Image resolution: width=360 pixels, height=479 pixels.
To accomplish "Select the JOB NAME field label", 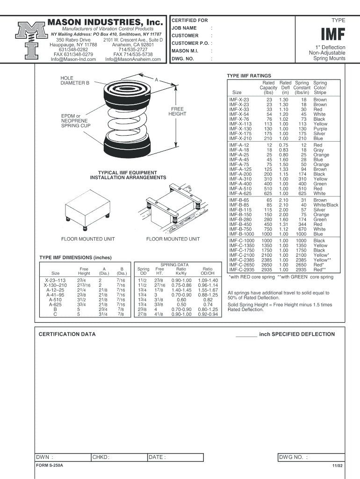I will tap(184, 28).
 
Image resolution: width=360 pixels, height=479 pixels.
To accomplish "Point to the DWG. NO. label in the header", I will tap(183, 59).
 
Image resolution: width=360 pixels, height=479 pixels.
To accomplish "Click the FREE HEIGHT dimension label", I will tap(177, 111).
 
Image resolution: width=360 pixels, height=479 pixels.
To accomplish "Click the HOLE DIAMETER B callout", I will tap(75, 80).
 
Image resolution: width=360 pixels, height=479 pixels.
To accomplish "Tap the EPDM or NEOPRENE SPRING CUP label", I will tap(76, 121).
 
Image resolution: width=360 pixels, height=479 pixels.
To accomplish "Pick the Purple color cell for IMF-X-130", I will tap(320, 129).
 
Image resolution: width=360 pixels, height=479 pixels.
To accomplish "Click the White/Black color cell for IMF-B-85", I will tap(326, 205).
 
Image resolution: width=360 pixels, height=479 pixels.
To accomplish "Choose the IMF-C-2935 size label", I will tap(242, 270).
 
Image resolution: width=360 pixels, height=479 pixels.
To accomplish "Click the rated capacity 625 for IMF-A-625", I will tap(267, 194).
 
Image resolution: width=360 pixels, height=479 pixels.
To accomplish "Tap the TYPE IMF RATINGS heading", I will tap(249, 75).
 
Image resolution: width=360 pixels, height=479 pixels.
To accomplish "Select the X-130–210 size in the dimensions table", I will tap(55, 285).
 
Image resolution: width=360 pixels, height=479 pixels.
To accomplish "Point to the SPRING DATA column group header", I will tap(174, 265).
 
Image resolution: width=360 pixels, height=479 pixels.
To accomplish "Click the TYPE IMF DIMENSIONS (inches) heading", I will tap(75, 258).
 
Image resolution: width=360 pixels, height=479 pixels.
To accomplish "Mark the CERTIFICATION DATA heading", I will tap(67, 334).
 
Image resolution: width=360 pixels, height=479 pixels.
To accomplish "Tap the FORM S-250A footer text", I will tap(50, 466).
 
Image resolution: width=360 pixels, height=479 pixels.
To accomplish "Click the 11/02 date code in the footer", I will tap(338, 466).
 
